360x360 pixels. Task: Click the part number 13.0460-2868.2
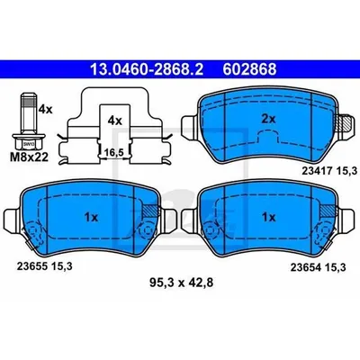[147, 69]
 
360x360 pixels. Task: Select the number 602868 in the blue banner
[249, 69]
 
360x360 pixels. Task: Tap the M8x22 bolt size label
[30, 157]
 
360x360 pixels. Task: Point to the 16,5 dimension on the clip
[113, 153]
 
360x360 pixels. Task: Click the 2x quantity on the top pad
[268, 120]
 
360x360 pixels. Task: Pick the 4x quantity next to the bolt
[45, 110]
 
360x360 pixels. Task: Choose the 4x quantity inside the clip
[115, 121]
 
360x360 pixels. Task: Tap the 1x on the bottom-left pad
[91, 217]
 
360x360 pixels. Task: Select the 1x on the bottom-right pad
[268, 217]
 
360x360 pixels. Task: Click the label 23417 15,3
[329, 171]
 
